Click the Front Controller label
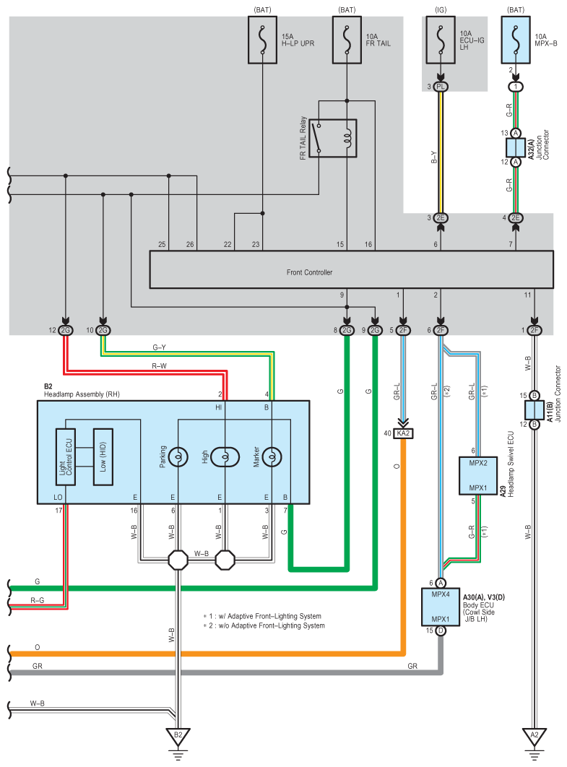point(309,272)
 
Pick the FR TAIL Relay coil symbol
point(347,137)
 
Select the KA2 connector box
point(402,433)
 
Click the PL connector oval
point(441,87)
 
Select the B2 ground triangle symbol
point(178,736)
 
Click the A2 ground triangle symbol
point(534,736)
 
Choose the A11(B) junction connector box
point(534,410)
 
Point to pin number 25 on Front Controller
point(162,245)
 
